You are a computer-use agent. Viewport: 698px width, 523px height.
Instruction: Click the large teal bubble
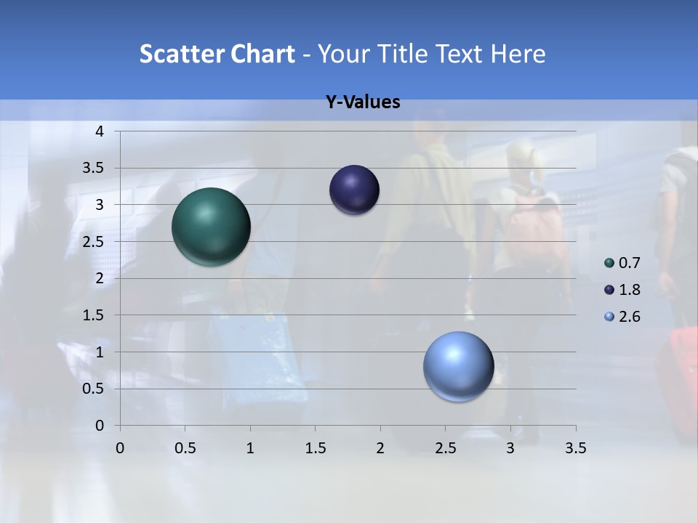point(212,227)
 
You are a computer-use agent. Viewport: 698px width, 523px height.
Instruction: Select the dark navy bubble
point(354,190)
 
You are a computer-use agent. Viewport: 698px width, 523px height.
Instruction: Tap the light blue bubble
point(458,366)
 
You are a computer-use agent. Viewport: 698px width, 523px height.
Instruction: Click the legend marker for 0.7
point(609,263)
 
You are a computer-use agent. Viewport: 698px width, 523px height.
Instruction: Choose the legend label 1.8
point(629,290)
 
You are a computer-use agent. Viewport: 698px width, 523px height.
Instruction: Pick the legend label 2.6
point(629,317)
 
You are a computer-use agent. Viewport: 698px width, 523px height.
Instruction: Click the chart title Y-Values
point(362,102)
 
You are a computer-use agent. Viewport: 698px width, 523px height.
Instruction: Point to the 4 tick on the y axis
point(100,131)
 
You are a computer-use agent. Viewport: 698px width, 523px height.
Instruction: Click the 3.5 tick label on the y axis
point(95,169)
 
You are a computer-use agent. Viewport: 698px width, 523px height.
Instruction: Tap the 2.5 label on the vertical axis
point(95,242)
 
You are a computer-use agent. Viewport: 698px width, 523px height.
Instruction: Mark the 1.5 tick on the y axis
point(95,315)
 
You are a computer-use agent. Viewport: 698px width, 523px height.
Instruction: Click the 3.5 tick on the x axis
point(575,448)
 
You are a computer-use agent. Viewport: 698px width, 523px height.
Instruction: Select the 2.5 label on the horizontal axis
point(445,448)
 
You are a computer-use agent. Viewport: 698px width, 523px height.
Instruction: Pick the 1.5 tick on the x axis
point(315,448)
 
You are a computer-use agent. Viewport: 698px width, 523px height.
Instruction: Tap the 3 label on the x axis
point(510,448)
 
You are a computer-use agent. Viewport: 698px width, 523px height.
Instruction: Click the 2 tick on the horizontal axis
point(380,448)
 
